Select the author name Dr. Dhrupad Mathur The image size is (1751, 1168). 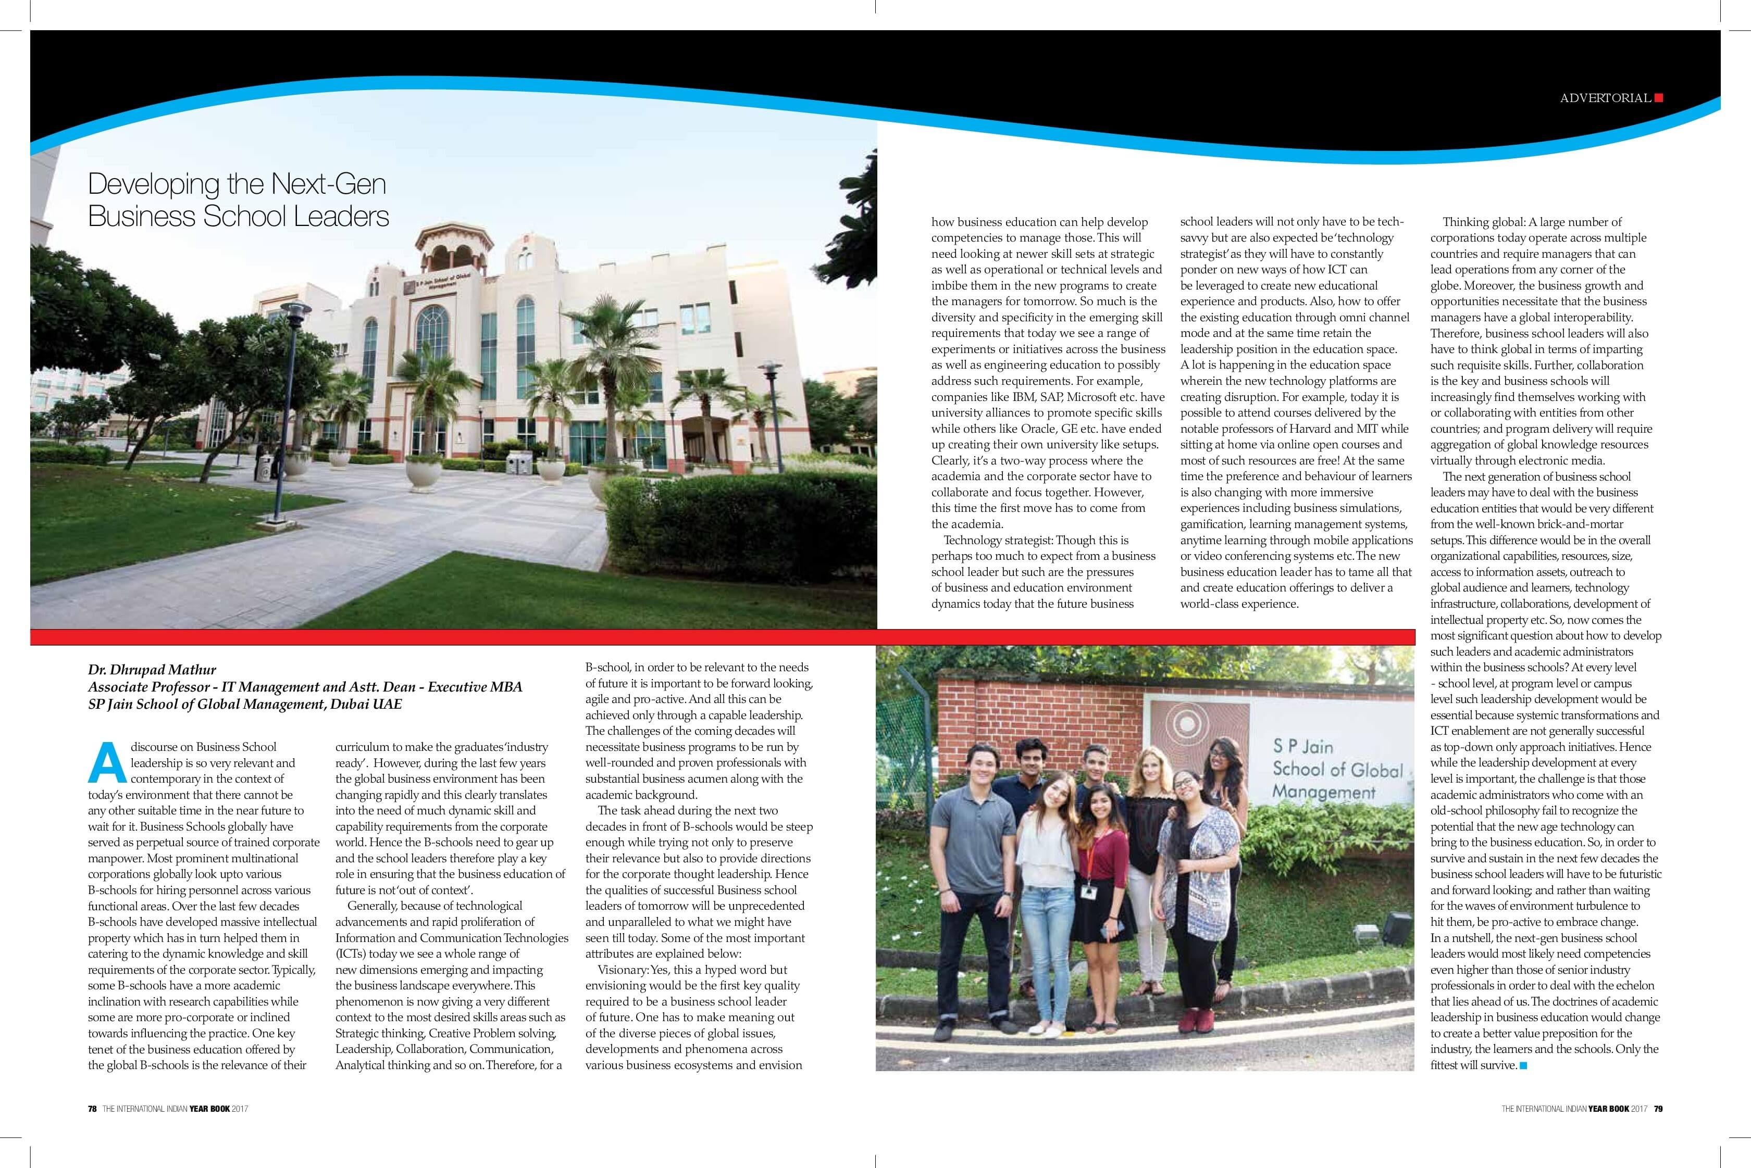(x=152, y=670)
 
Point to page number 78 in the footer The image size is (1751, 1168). (x=92, y=1109)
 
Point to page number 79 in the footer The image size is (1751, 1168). (x=1658, y=1109)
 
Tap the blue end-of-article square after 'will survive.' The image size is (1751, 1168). (x=1523, y=1066)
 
